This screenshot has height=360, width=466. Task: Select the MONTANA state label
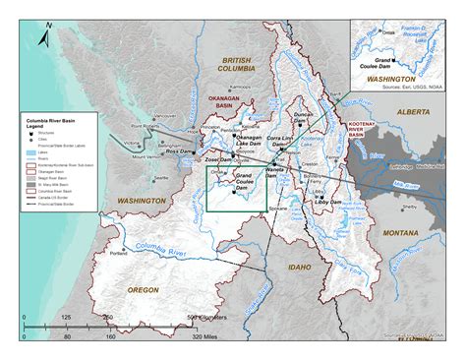pos(401,231)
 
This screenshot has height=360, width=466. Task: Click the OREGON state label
pos(144,290)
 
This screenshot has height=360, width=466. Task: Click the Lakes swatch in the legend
pos(31,141)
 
